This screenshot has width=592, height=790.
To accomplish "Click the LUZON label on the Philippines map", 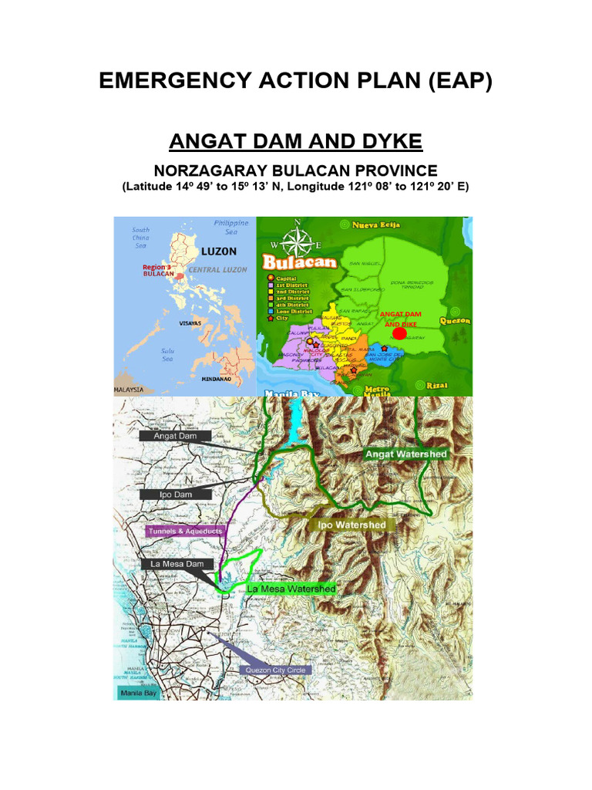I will [x=218, y=252].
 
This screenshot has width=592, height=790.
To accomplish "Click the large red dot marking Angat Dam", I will [x=399, y=333].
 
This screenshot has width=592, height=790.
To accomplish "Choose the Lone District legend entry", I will [x=291, y=310].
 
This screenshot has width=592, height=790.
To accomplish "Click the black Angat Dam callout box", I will [x=176, y=436].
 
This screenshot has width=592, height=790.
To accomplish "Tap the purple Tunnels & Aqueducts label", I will [x=183, y=531].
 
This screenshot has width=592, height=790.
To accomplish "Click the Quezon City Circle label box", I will [x=276, y=670].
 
